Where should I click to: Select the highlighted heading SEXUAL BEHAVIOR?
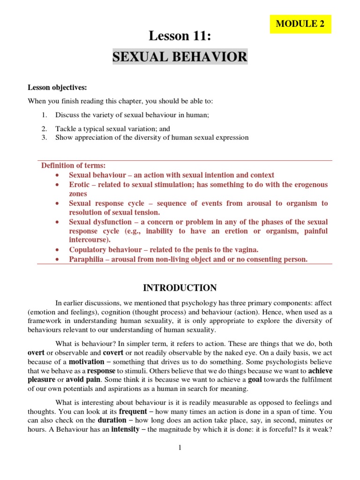[180, 57]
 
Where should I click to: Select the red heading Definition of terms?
[74, 165]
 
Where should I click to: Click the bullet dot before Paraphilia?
[57, 259]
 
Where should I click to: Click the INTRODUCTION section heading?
[180, 288]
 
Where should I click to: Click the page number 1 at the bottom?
[180, 448]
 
